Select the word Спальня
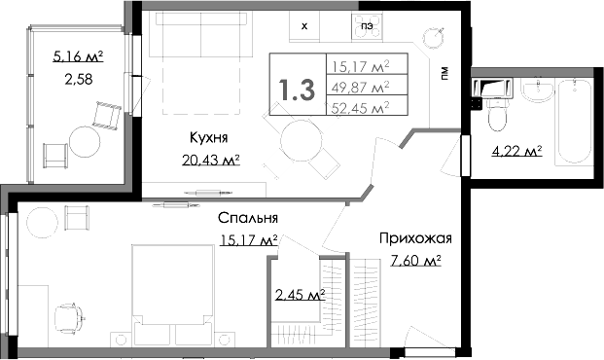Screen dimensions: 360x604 pos(248,219)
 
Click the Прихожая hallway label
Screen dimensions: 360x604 pos(414,238)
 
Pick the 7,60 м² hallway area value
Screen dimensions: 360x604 pos(415,260)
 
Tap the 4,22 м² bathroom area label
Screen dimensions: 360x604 pos(518,151)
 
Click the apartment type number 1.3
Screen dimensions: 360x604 pos(297,90)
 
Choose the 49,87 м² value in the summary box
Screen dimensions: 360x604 pos(360,87)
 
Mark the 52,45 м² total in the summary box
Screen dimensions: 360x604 pos(360,107)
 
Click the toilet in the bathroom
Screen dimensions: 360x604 pos(496,115)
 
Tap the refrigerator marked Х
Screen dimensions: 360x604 pos(305,26)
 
